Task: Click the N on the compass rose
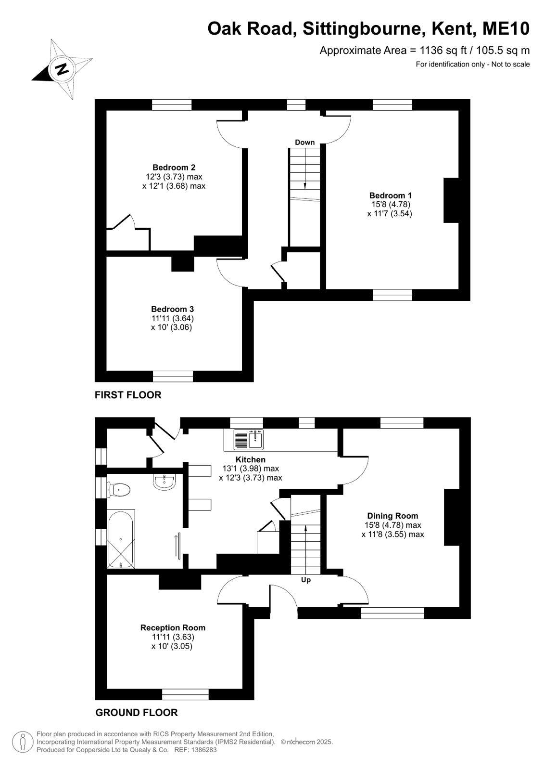pyautogui.click(x=62, y=69)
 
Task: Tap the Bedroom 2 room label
pyautogui.click(x=174, y=168)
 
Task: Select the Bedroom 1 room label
pyautogui.click(x=390, y=195)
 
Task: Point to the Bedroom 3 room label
pyautogui.click(x=172, y=309)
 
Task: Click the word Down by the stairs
pyautogui.click(x=304, y=143)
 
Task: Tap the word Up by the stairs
pyautogui.click(x=305, y=580)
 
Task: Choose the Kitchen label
pyautogui.click(x=251, y=459)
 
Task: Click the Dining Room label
pyautogui.click(x=392, y=516)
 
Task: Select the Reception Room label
pyautogui.click(x=173, y=627)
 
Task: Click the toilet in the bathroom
pyautogui.click(x=118, y=489)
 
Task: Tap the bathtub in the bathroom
pyautogui.click(x=121, y=539)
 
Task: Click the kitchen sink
pyautogui.click(x=248, y=439)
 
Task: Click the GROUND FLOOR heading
pyautogui.click(x=137, y=713)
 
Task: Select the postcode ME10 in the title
pyautogui.click(x=506, y=28)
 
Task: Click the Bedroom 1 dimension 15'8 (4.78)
pyautogui.click(x=391, y=204)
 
